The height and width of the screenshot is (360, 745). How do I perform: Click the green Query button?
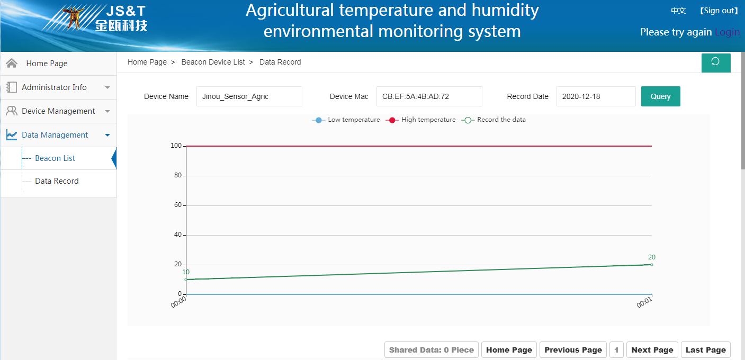pos(660,96)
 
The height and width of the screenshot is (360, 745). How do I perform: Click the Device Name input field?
pos(249,96)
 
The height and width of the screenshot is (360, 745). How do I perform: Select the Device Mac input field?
pos(429,96)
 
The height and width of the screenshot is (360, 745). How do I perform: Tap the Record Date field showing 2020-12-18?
pos(596,96)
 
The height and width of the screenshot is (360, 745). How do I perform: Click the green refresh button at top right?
pos(716,62)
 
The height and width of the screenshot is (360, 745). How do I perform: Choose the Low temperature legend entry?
pos(346,120)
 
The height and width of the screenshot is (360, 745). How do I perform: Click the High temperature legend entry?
pos(420,120)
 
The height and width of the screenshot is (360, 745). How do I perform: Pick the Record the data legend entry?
pos(493,120)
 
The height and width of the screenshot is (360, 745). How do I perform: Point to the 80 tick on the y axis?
pos(178,175)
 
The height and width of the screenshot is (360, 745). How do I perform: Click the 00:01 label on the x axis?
pos(644,302)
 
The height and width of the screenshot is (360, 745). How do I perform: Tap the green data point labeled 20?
pos(651,265)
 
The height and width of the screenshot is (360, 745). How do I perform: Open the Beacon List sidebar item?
pos(55,158)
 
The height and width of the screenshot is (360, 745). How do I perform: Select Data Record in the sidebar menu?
pos(57,181)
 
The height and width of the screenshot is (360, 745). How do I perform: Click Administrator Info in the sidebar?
pos(54,87)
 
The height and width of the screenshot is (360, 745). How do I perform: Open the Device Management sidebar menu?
pos(58,111)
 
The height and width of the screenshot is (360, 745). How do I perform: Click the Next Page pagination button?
pos(652,350)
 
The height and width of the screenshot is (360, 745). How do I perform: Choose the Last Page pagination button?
pos(706,350)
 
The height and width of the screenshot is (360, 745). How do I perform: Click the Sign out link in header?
pos(719,11)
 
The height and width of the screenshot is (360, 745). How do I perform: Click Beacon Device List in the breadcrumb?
pos(213,62)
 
